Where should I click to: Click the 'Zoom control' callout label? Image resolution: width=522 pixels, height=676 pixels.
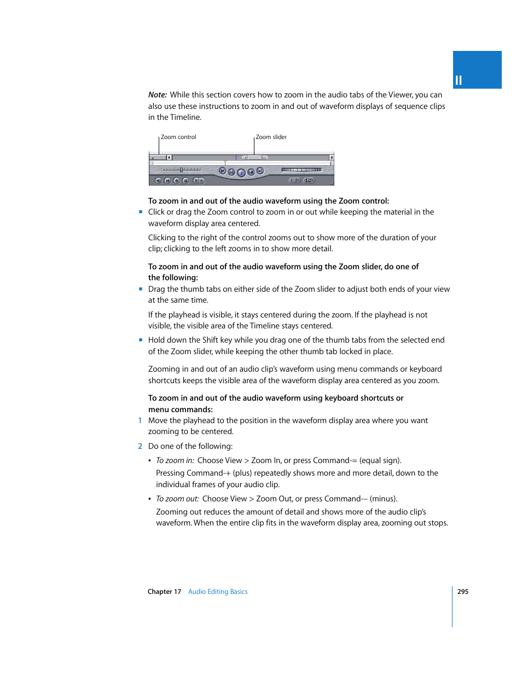(178, 137)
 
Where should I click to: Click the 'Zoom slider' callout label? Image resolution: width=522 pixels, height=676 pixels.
(271, 137)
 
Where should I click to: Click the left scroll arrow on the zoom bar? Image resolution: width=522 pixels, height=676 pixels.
(169, 158)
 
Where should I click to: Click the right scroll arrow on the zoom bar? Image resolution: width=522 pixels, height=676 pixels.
(331, 158)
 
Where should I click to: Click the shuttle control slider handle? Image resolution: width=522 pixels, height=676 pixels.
(181, 170)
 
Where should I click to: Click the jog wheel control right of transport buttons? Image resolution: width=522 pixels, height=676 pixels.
(301, 170)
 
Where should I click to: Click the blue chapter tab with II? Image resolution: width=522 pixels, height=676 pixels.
(477, 70)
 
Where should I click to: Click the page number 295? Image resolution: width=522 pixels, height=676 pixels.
(462, 592)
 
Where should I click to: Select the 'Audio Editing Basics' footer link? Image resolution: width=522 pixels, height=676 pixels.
(218, 592)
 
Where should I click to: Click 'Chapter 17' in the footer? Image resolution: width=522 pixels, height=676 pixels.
(164, 592)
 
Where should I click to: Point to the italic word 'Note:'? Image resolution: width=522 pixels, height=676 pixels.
(158, 95)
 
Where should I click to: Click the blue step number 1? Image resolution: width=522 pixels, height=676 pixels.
(140, 420)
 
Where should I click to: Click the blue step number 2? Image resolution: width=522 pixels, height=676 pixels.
(140, 446)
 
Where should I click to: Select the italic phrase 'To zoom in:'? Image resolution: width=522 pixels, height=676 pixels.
(175, 460)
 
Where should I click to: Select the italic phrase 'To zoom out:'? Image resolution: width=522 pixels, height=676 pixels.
(177, 499)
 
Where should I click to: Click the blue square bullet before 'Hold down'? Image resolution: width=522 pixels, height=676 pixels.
(141, 340)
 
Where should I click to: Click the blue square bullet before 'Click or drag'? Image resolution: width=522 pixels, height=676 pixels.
(141, 212)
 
